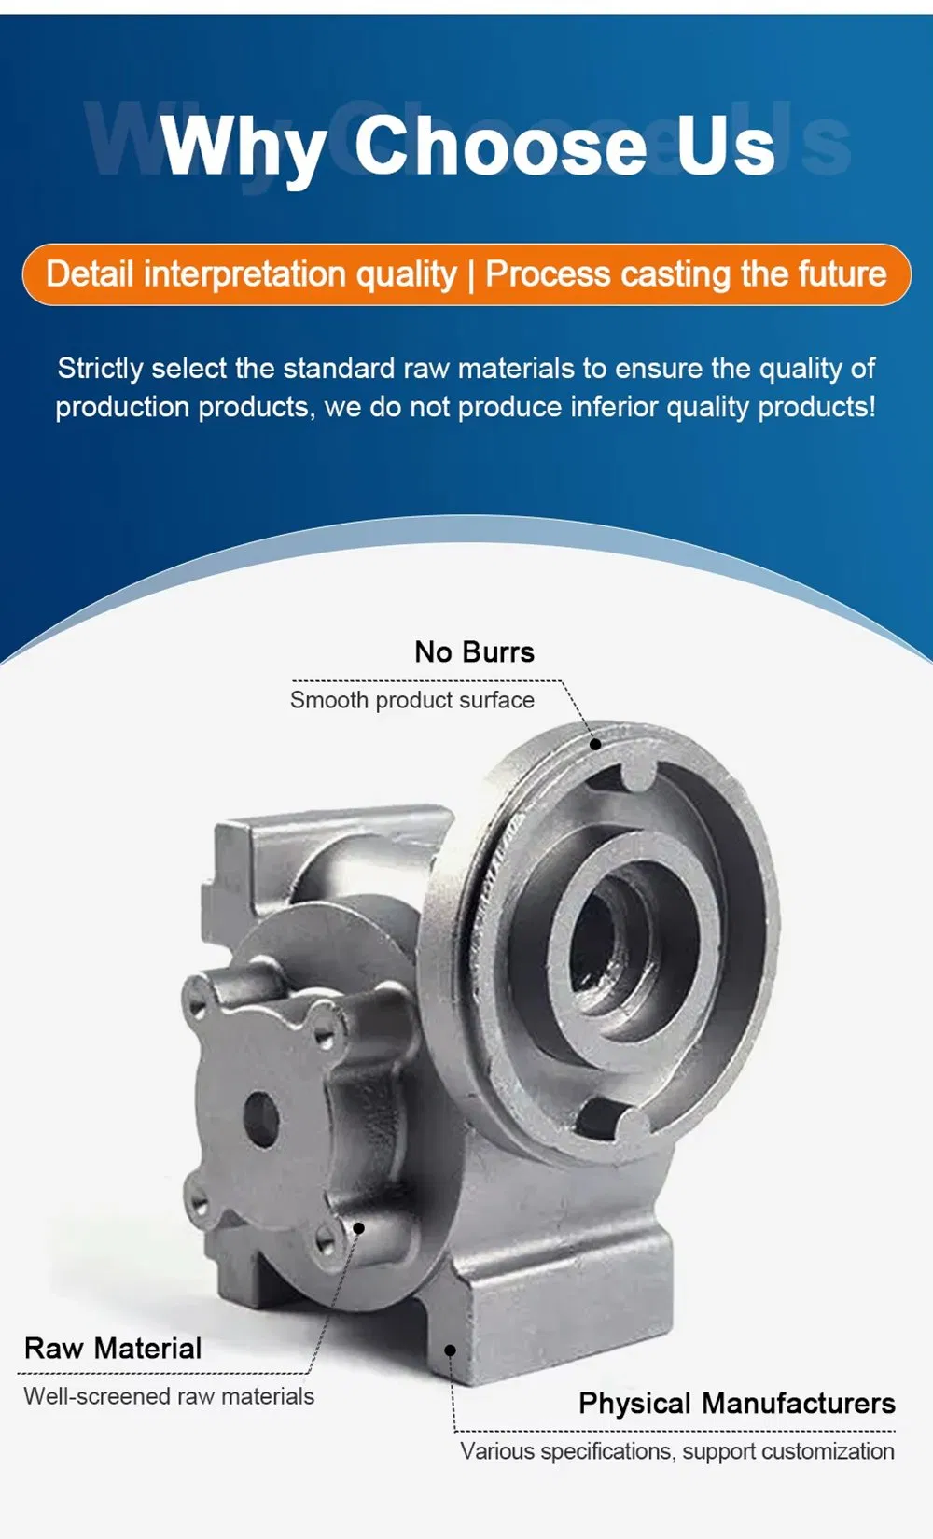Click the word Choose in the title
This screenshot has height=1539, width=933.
click(x=499, y=146)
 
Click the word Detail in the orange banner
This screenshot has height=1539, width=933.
click(x=91, y=274)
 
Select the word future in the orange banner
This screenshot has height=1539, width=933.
click(x=841, y=274)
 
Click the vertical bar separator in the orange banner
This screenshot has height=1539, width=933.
click(x=471, y=274)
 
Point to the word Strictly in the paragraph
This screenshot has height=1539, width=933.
click(x=99, y=368)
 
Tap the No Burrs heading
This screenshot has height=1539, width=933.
click(x=474, y=651)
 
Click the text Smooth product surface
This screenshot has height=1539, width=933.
click(x=411, y=700)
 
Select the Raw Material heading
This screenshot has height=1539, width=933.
click(x=113, y=1348)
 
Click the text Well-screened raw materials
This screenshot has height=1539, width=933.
click(x=169, y=1396)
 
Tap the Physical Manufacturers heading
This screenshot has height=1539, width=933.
click(x=736, y=1403)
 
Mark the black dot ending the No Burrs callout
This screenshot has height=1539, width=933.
click(x=595, y=744)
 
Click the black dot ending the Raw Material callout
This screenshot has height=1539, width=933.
click(x=357, y=1228)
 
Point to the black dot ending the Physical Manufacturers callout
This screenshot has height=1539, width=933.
click(x=450, y=1350)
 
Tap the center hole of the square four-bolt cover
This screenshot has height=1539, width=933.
click(x=261, y=1119)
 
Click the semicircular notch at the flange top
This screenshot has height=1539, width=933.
click(x=638, y=774)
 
